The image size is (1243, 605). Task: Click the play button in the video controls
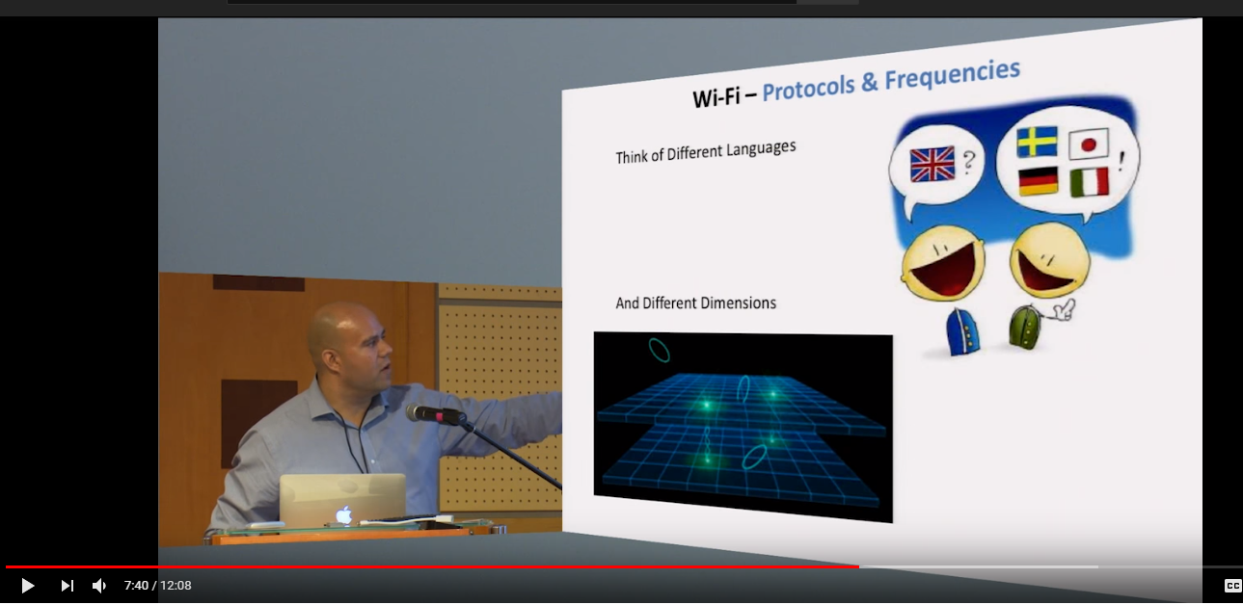[28, 586]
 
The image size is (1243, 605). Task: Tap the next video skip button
[68, 586]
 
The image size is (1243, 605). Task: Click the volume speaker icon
[98, 586]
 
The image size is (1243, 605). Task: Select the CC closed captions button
[1232, 586]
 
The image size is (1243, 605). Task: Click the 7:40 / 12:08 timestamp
[157, 586]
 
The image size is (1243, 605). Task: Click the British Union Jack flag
[932, 164]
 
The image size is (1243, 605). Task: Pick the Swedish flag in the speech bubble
[1037, 142]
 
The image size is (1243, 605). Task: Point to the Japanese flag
[1088, 145]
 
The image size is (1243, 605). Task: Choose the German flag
[1039, 181]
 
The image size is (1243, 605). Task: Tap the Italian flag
[1090, 182]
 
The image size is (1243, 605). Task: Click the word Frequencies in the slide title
[952, 75]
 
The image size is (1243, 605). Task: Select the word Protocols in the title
[808, 89]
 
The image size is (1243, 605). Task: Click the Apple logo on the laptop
[344, 514]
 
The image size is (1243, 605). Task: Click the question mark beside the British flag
[968, 163]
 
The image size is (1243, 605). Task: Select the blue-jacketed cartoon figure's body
[962, 331]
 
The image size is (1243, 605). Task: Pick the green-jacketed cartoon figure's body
[1024, 328]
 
